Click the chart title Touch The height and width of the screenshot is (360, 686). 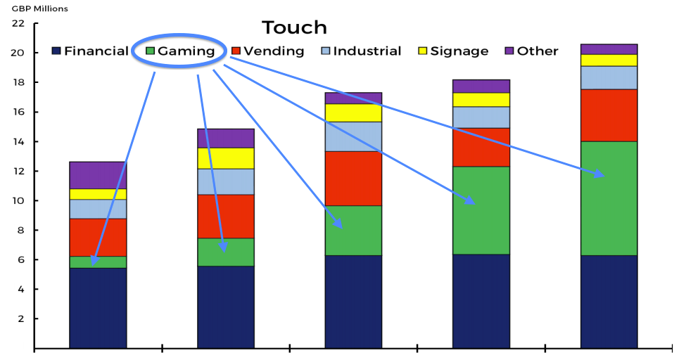coord(294,27)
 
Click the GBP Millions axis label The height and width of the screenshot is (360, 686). coord(40,8)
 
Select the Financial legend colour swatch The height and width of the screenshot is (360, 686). coord(56,51)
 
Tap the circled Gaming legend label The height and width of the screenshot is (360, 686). coord(186,51)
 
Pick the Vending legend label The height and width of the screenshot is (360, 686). coord(274,51)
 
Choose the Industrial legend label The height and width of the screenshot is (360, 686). coord(367,51)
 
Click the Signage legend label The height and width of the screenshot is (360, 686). coord(459,51)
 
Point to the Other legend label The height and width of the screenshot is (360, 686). coord(538,51)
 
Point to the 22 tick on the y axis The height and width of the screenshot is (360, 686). coord(18,22)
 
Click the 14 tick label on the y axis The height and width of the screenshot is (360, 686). coord(18,141)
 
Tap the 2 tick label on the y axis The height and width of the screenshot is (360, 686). coord(21,319)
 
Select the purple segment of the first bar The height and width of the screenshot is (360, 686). coord(98,175)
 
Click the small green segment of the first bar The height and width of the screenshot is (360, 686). coord(98,262)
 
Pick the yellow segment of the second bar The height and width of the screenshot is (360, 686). coord(226,158)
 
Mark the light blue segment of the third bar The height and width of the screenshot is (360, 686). coord(353,136)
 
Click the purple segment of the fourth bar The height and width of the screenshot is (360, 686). coord(481,86)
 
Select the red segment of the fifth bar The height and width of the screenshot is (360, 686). coord(609,115)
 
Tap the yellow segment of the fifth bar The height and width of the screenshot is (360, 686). coord(609,60)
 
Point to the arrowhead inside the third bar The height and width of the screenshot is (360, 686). coord(338,223)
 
